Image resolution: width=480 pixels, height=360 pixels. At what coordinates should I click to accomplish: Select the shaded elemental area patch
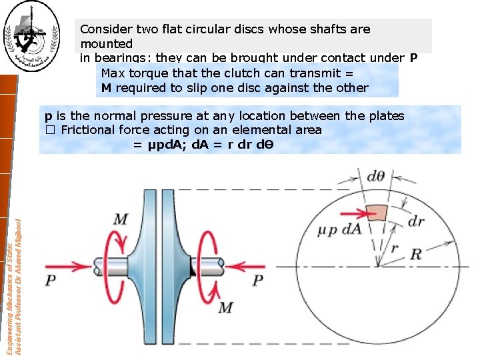(377, 211)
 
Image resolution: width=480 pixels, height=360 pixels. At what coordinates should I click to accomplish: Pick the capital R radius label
(434, 254)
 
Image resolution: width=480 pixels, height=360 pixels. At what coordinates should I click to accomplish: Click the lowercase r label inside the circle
(395, 248)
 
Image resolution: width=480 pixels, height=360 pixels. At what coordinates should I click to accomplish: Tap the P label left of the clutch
(51, 281)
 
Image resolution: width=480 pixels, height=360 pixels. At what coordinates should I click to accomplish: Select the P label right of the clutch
(258, 281)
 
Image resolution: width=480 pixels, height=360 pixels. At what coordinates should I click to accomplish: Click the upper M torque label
(121, 219)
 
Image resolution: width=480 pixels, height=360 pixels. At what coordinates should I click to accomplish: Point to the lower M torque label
(225, 307)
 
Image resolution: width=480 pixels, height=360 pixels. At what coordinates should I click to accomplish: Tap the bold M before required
(106, 87)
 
